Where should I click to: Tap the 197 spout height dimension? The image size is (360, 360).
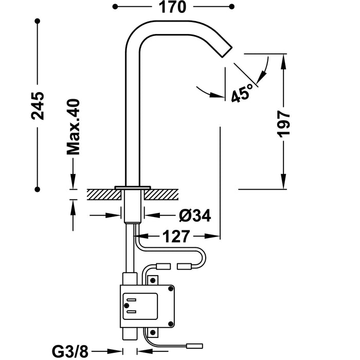pyautogui.click(x=284, y=123)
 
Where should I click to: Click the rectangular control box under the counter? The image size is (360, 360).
pyautogui.click(x=147, y=305)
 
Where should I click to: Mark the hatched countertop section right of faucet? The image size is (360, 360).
pyautogui.click(x=163, y=193)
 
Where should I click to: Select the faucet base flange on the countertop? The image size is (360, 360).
pyautogui.click(x=133, y=186)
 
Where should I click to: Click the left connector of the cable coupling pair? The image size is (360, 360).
pyautogui.click(x=163, y=266)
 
